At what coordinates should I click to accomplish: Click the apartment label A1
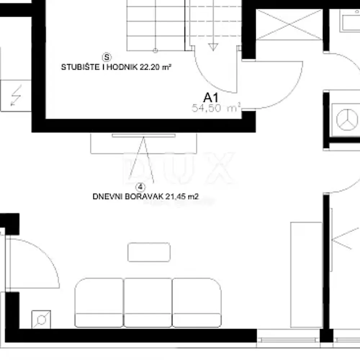pyautogui.click(x=211, y=97)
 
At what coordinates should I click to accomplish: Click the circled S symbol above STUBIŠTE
pyautogui.click(x=107, y=57)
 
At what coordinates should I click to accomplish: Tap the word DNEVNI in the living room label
pyautogui.click(x=104, y=197)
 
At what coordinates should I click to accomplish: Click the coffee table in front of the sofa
pyautogui.click(x=149, y=252)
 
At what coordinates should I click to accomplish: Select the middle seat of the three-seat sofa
pyautogui.click(x=148, y=302)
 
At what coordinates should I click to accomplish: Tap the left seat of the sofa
pyautogui.click(x=99, y=302)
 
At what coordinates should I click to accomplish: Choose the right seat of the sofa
pyautogui.click(x=197, y=302)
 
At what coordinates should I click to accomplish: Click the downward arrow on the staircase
pyautogui.click(x=213, y=46)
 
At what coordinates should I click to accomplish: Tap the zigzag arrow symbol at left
pyautogui.click(x=16, y=95)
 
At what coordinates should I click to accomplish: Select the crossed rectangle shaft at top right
pyautogui.click(x=289, y=24)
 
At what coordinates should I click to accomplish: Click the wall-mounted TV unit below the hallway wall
pyautogui.click(x=144, y=143)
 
